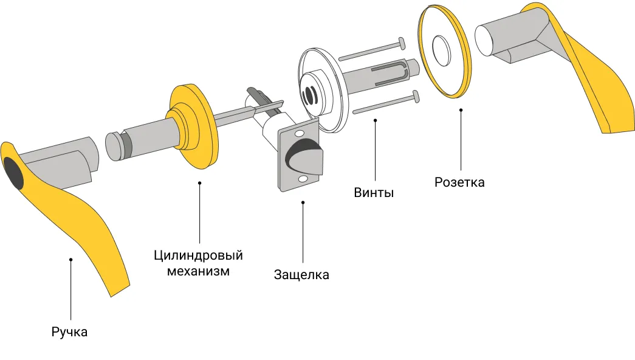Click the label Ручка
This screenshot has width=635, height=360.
pos(69,332)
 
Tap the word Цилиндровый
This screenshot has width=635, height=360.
pos(199,255)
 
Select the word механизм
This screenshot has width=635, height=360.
pos(199,271)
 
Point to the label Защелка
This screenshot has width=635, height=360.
pos(301,275)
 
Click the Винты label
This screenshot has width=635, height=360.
pos(374,193)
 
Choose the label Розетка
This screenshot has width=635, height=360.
pos(459,182)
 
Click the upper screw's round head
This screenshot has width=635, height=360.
pos(400,43)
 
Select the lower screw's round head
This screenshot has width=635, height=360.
pos(416,95)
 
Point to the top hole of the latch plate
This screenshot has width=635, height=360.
pos(299,133)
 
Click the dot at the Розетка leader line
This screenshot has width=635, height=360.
pos(461,110)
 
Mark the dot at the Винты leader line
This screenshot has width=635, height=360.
pos(375,120)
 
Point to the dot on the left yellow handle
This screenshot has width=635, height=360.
pos(71,260)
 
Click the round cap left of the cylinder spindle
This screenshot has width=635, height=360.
pos(113,145)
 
